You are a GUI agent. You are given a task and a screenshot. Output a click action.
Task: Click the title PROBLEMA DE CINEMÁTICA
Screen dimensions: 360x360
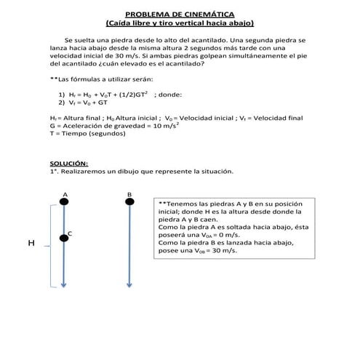click(x=179, y=14)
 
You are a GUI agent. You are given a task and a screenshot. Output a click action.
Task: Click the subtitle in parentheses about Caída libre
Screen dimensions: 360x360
click(x=179, y=23)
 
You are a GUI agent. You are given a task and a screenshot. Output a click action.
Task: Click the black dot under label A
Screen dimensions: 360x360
click(x=65, y=203)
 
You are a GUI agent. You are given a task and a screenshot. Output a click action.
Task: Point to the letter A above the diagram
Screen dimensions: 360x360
click(x=65, y=194)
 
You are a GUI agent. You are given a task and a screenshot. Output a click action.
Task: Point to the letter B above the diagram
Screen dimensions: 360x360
click(x=129, y=194)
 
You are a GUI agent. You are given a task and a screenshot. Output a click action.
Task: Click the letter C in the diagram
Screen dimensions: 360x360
click(x=70, y=233)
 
